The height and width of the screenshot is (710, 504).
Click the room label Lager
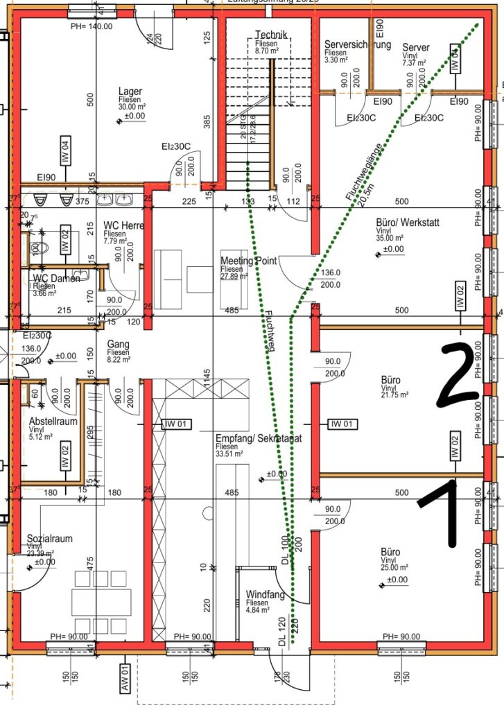point(130,92)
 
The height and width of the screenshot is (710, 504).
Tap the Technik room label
point(270,35)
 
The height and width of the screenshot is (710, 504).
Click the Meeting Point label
point(248,261)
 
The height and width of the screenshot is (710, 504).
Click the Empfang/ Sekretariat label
point(258,438)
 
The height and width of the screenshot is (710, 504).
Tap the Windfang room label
point(263,594)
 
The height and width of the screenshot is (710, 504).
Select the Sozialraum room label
point(49,538)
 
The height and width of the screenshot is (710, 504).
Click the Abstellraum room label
point(53,421)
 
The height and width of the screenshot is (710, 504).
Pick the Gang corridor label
point(119,344)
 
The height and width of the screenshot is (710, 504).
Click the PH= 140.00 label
point(91,26)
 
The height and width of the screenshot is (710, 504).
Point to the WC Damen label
point(56,278)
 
